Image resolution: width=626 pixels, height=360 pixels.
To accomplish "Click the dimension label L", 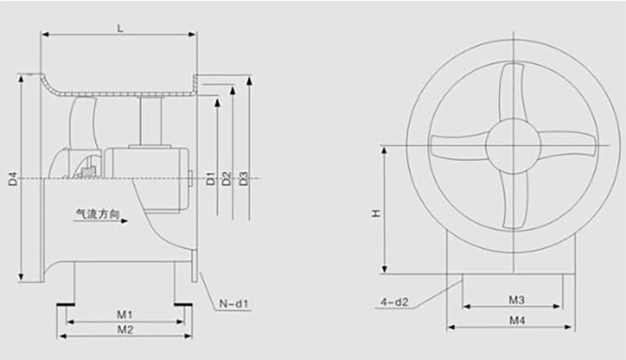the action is (x=120, y=28).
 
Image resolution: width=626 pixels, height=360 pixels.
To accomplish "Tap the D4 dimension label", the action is (x=13, y=178).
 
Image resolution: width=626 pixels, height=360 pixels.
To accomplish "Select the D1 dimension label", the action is (x=211, y=178).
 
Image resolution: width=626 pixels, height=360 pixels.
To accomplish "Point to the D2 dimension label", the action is (x=227, y=178).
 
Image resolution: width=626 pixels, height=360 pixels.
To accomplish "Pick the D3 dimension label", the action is (x=243, y=178).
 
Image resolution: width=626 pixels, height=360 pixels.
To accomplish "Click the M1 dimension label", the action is (x=124, y=315).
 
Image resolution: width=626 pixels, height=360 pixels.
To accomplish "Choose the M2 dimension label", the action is (x=125, y=330).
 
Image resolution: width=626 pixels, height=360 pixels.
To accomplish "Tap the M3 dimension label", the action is (x=516, y=300).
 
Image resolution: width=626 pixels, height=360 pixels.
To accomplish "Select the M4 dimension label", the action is (x=517, y=320).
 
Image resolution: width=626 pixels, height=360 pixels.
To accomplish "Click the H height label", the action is (x=376, y=214).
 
